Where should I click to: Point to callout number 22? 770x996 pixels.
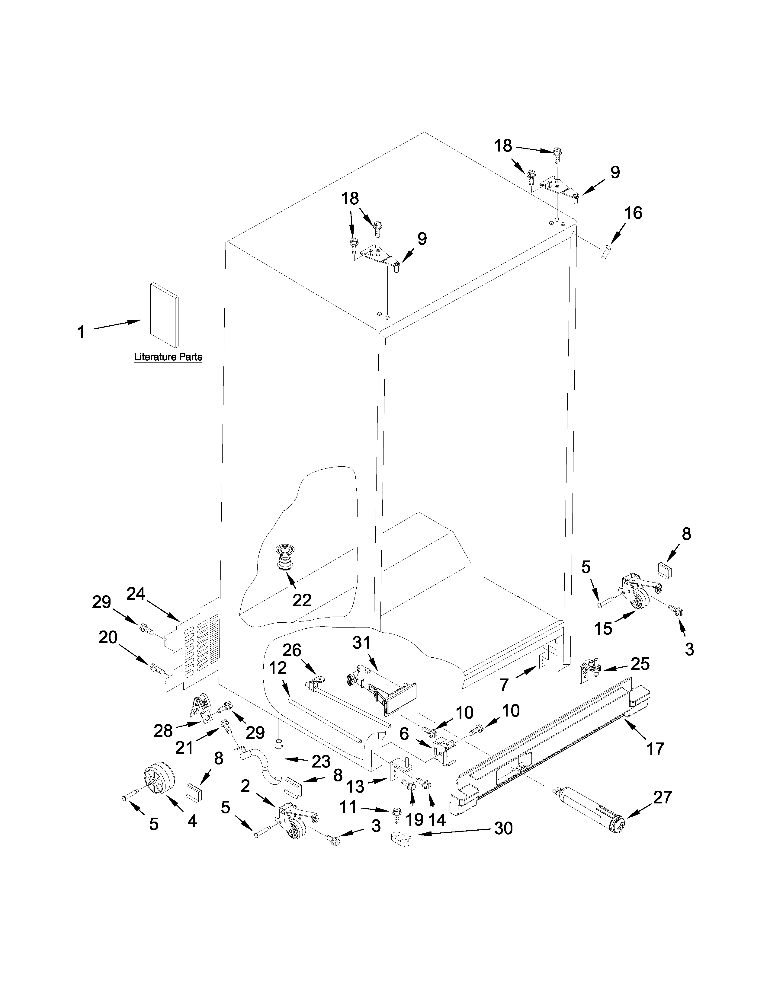[x=302, y=600]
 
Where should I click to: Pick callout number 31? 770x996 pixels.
[x=362, y=643]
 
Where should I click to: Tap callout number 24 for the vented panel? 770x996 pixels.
[x=136, y=593]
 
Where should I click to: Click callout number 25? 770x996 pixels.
[x=640, y=664]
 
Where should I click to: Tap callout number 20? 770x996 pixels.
[x=108, y=637]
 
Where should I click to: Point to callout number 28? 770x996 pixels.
[x=163, y=731]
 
